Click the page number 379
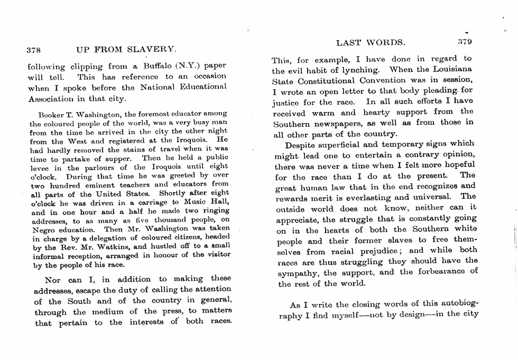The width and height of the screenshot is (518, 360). tap(465, 42)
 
